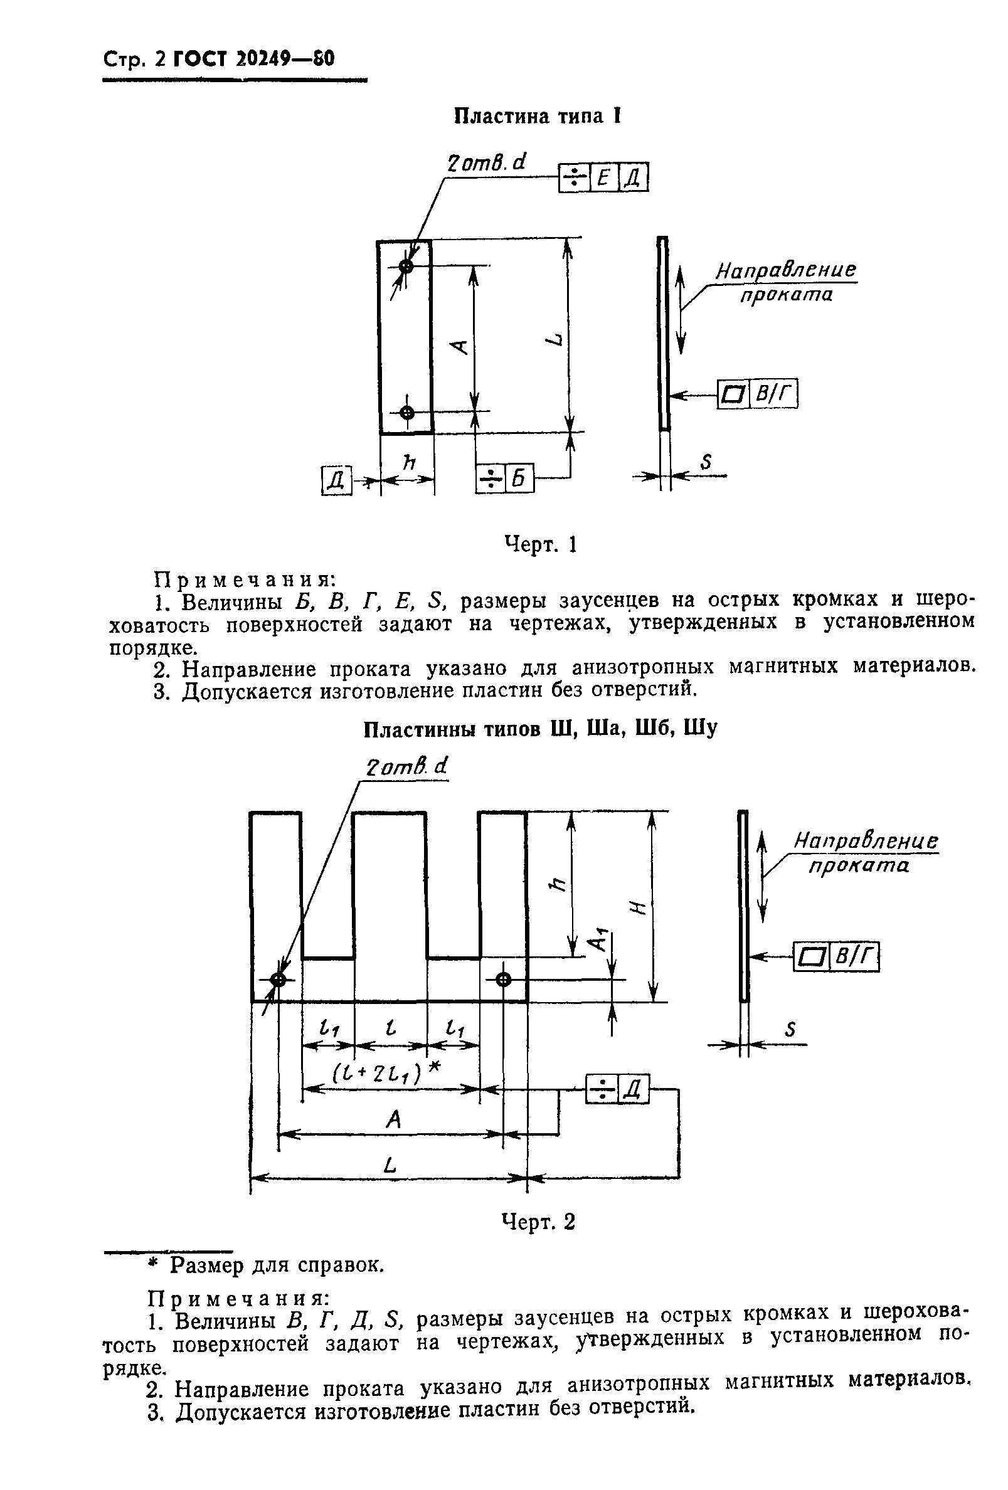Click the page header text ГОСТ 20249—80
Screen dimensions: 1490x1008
tap(254, 59)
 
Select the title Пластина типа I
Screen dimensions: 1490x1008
tap(538, 116)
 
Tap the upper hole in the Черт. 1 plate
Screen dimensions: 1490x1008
tap(406, 266)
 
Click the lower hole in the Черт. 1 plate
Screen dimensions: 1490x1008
tap(406, 412)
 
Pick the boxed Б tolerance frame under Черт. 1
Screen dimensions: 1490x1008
tap(505, 479)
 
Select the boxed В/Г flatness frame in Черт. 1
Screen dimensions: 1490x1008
tap(757, 394)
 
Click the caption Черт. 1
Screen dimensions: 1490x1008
tap(540, 545)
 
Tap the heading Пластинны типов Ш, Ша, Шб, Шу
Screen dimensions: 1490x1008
tap(540, 729)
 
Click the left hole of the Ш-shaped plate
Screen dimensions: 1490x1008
tap(279, 980)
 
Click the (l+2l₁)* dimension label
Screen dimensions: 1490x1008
tap(386, 1072)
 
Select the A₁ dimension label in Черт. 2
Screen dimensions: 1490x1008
tap(598, 941)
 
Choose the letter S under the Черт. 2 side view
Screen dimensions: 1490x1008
tap(790, 1030)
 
